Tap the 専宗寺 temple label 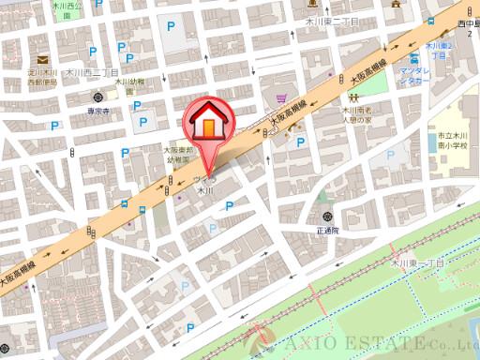click(98, 111)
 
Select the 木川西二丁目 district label click(91, 71)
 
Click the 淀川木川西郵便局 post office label click(43, 77)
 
